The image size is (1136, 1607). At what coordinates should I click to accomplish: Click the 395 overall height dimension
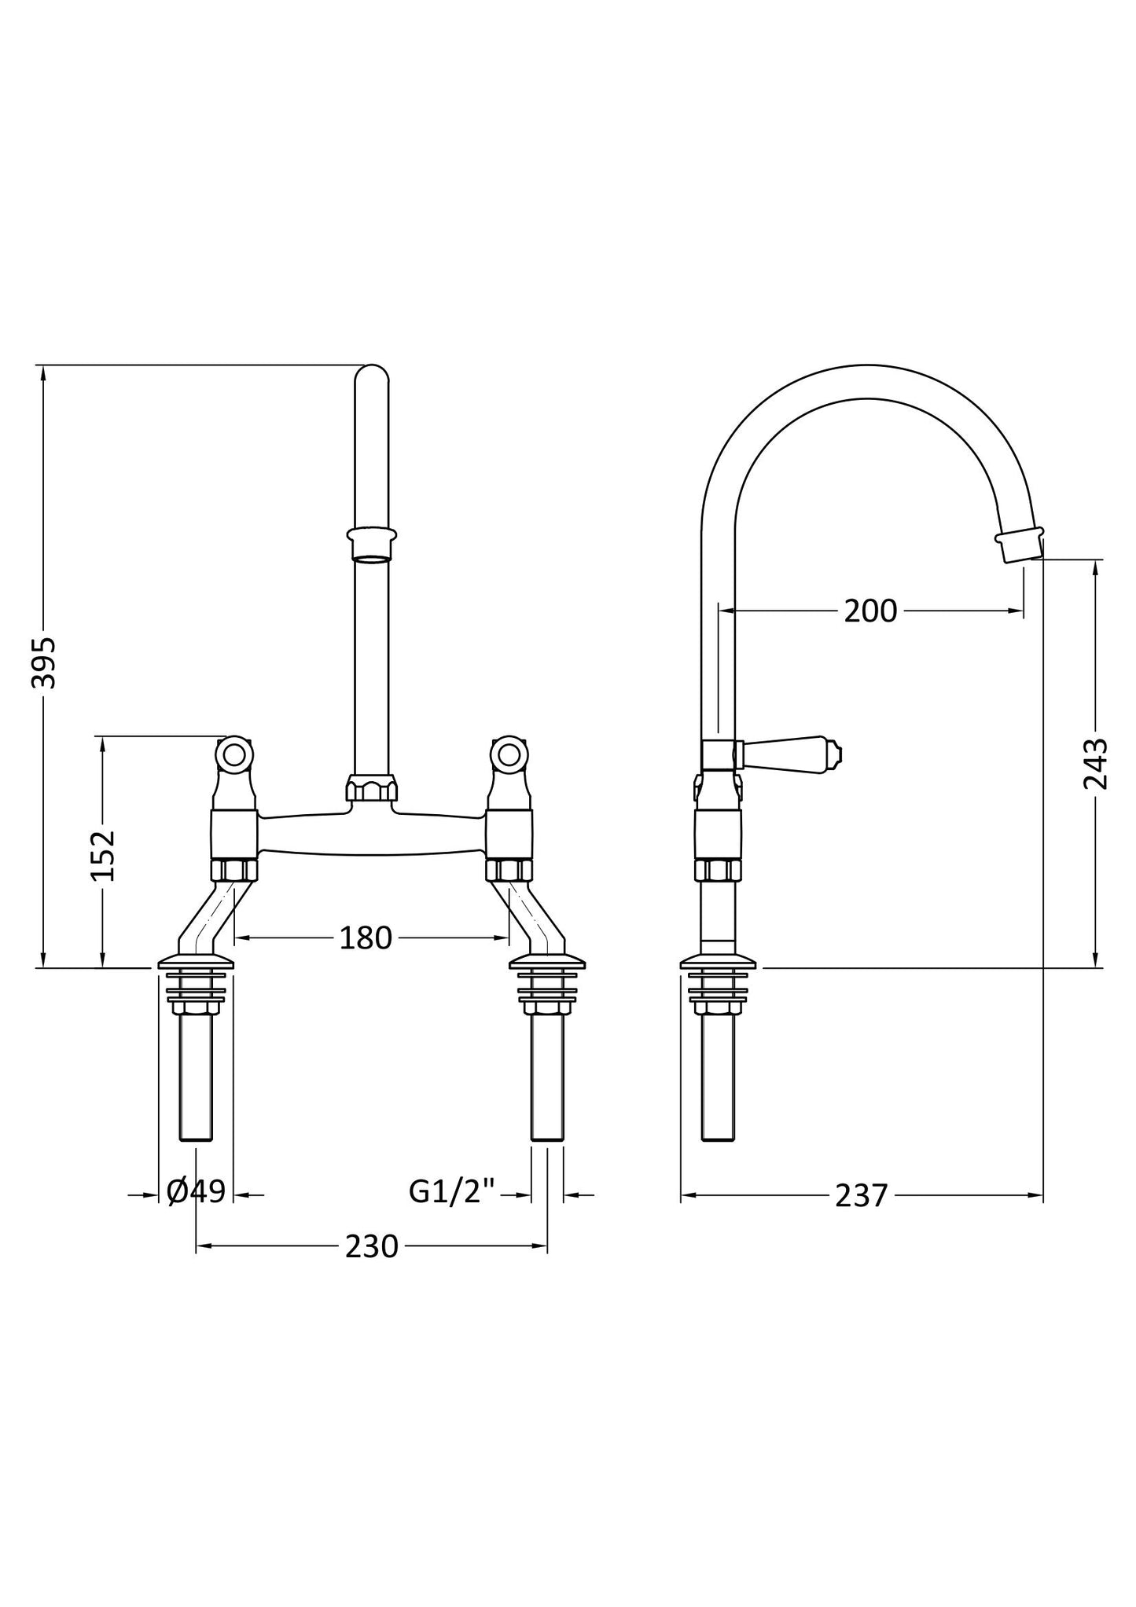pos(44,662)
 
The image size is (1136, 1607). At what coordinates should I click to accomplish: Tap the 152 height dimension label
pos(103,855)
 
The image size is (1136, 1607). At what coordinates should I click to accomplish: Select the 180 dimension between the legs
pos(365,937)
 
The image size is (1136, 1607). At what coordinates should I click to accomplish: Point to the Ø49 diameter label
pos(197,1191)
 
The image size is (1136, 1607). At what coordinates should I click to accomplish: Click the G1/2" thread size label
pos(451,1191)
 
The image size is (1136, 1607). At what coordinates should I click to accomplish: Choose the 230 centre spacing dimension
pos(371,1246)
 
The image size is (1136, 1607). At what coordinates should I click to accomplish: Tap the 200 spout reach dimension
pos(869,611)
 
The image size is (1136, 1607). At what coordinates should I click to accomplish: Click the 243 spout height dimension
pos(1094,763)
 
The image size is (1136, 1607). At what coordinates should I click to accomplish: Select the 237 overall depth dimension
pos(861,1195)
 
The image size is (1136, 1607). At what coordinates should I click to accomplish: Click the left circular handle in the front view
pos(234,754)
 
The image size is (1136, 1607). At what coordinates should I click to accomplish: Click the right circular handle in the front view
pos(509,754)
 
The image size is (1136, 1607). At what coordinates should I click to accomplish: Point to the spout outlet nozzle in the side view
pos(1019,545)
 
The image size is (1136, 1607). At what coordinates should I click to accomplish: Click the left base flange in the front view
pos(196,963)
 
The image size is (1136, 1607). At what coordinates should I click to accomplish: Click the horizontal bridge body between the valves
pos(371,835)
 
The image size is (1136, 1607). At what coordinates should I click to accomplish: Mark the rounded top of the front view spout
pos(371,376)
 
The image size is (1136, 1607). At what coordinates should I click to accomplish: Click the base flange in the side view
pos(718,962)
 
